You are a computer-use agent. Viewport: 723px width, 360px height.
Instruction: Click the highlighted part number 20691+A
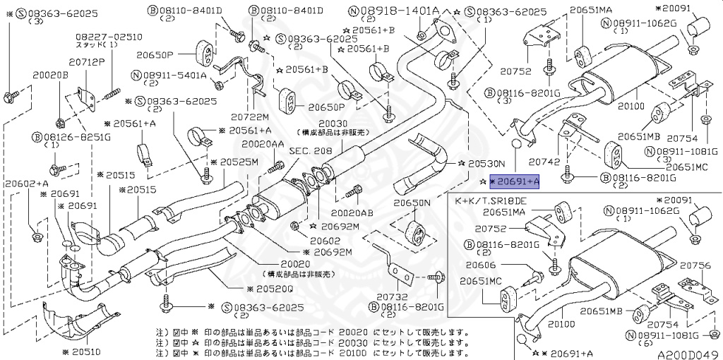click(515, 181)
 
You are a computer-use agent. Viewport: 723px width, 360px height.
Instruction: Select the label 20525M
click(239, 162)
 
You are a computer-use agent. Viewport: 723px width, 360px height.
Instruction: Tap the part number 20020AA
click(262, 143)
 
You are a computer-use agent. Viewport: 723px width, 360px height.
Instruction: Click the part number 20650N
click(412, 203)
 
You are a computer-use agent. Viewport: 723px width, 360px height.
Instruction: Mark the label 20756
click(695, 265)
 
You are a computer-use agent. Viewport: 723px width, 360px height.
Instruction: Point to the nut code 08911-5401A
click(172, 75)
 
